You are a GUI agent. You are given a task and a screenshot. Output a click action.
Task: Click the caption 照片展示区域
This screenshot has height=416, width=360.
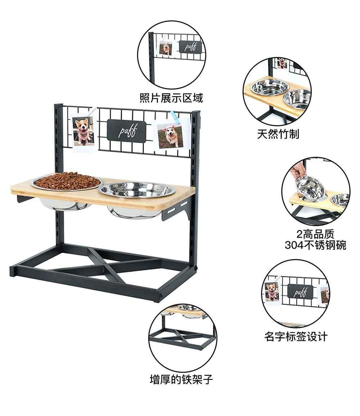tap(171, 98)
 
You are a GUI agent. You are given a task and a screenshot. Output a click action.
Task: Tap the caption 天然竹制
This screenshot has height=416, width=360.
tap(278, 134)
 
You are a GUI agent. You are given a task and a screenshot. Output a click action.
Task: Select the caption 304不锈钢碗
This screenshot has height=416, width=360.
tap(315, 245)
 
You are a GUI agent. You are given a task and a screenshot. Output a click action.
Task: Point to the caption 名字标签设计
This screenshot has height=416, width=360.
tap(296, 337)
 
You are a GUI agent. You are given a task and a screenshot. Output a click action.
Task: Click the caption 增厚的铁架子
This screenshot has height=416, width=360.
tap(181, 379)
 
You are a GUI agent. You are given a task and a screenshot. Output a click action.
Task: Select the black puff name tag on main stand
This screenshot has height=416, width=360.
tap(127, 131)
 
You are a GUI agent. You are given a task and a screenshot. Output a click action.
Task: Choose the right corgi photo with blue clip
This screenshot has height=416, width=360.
tap(170, 136)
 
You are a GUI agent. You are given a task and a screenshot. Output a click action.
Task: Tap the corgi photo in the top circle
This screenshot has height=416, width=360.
tap(166, 48)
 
